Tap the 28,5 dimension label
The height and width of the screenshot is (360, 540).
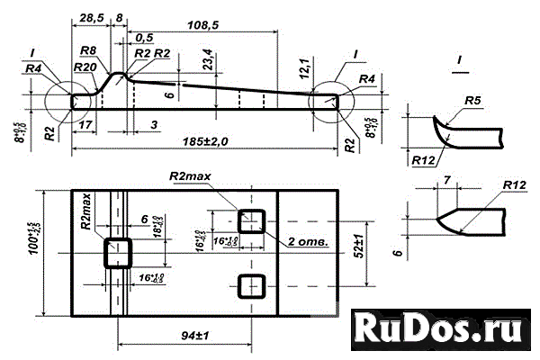point(89,18)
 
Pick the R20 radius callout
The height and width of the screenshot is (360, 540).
point(86,67)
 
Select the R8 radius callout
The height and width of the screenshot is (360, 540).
point(88,51)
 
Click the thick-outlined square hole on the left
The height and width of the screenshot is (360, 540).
point(117,251)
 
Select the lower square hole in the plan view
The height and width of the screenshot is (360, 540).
point(250,286)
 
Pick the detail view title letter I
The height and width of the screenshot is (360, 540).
point(459,60)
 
